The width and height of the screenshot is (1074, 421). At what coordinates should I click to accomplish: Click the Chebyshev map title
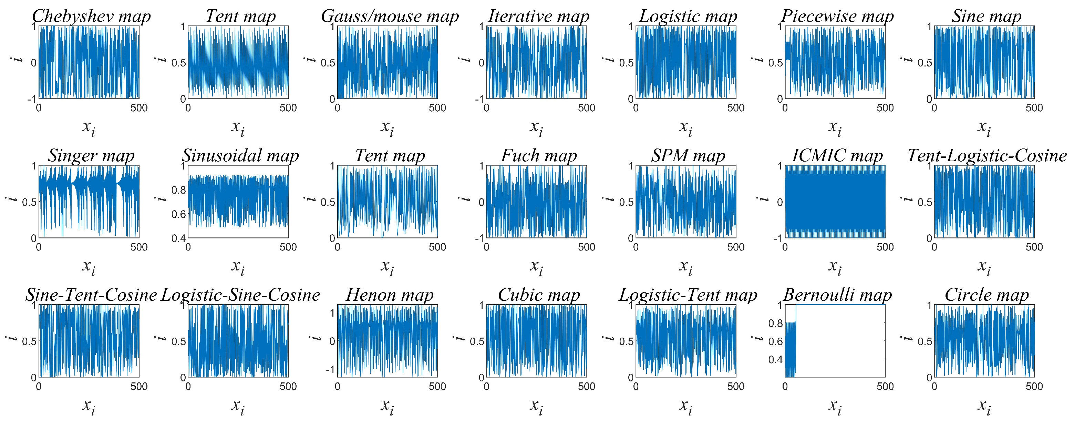[91, 17]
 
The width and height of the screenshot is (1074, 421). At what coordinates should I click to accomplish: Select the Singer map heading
[91, 156]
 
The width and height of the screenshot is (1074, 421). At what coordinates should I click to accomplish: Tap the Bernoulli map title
[837, 295]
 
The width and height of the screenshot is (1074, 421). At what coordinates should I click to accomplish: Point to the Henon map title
[390, 295]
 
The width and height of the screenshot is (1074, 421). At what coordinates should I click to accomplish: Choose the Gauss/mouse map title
[390, 17]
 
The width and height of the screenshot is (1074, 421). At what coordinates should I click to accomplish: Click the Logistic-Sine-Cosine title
[240, 295]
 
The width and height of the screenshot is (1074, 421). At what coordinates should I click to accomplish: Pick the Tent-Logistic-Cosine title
[987, 156]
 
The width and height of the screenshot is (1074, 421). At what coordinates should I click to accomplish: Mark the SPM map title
[688, 156]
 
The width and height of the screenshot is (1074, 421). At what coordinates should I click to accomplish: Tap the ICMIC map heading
[837, 156]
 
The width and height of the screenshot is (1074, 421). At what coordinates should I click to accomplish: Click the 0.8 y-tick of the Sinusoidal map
[178, 190]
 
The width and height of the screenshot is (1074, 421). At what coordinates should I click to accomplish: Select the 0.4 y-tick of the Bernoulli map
[775, 360]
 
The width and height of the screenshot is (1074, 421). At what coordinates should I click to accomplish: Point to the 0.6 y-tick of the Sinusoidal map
[178, 214]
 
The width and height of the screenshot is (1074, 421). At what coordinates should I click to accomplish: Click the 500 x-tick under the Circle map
[1034, 387]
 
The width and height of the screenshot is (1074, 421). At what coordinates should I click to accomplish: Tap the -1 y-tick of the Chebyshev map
[32, 99]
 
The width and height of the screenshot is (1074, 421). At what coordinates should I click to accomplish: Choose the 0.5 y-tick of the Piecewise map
[775, 63]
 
